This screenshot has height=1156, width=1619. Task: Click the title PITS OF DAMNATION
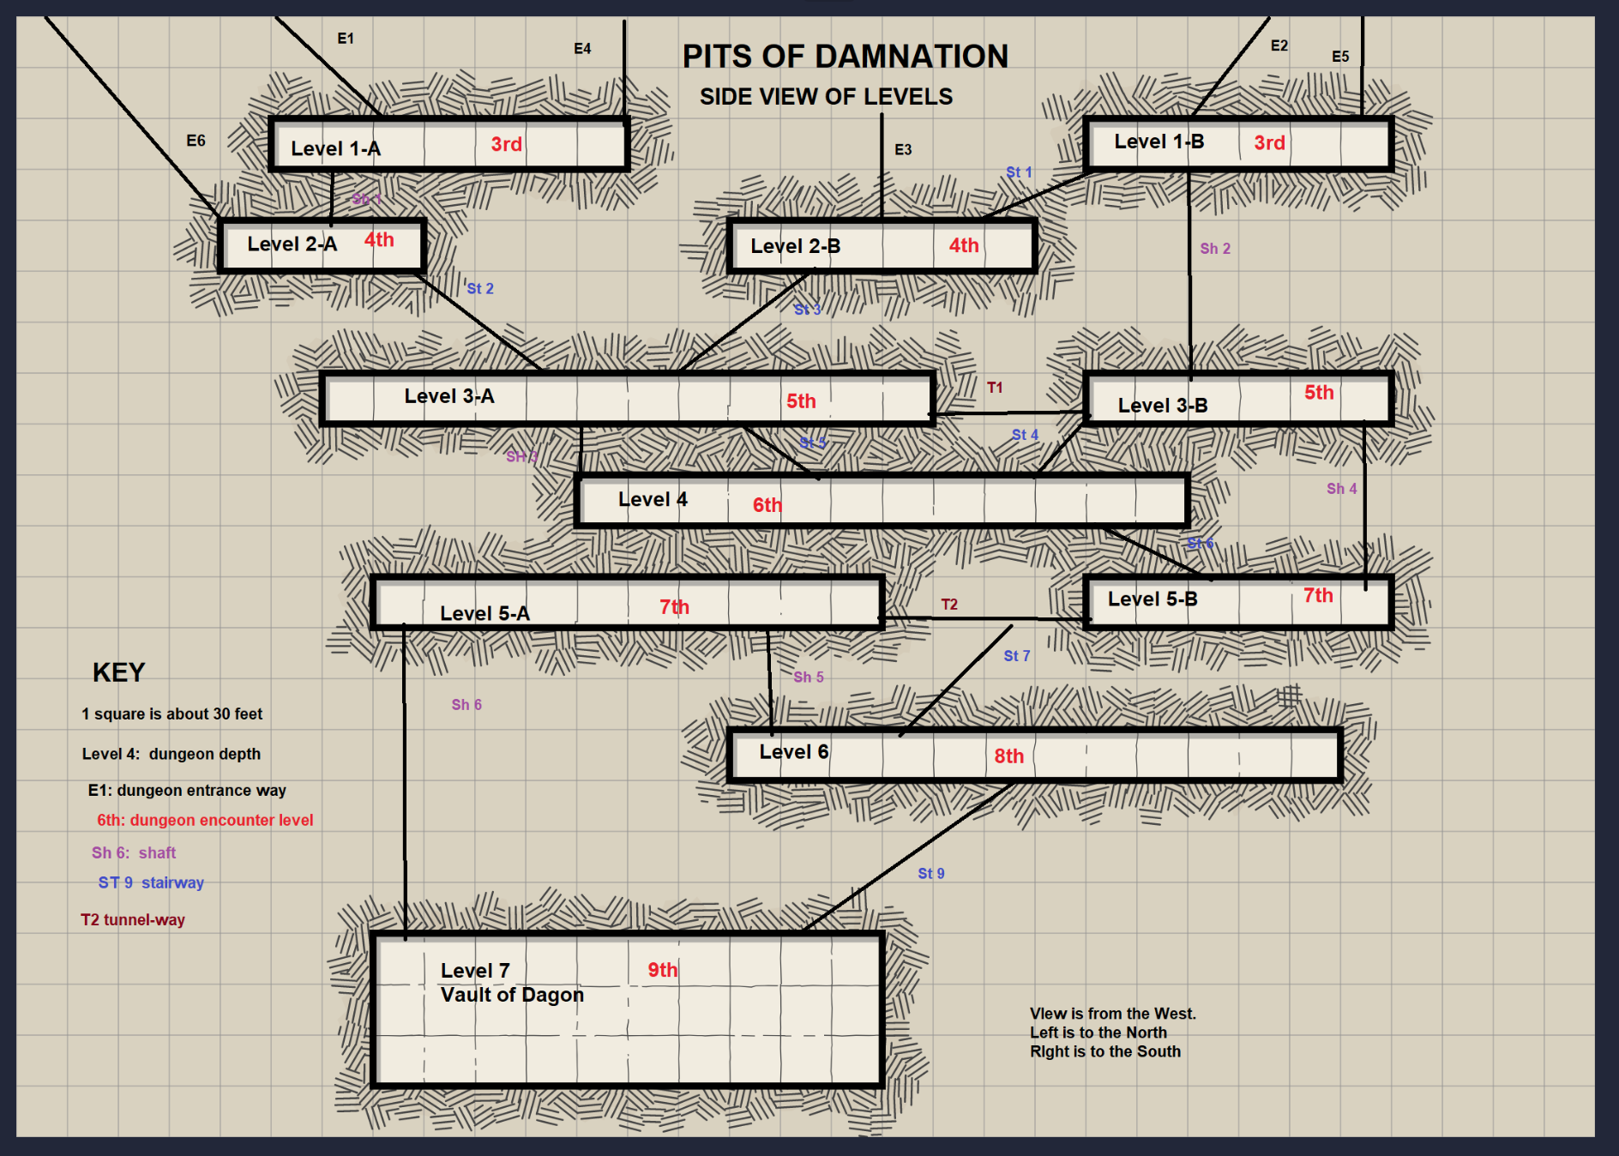(845, 57)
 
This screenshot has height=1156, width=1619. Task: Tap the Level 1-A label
(335, 148)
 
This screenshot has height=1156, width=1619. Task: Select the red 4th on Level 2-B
(963, 245)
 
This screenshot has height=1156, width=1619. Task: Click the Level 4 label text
(653, 499)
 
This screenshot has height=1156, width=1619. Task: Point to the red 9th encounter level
(662, 970)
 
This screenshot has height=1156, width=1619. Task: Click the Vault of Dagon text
(512, 995)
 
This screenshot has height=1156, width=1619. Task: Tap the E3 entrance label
(903, 150)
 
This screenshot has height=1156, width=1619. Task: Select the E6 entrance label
(196, 141)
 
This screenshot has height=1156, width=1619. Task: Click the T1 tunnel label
(995, 388)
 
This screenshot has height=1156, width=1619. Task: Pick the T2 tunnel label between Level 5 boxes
(949, 605)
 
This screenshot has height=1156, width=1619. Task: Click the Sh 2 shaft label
(1215, 249)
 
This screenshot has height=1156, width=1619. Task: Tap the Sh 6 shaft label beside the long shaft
(466, 705)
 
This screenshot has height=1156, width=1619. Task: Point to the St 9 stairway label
(930, 874)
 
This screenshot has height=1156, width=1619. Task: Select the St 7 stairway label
(1016, 656)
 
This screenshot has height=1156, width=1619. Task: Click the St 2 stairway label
(480, 289)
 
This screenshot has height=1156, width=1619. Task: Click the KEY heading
(118, 672)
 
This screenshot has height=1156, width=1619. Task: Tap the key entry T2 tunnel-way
(133, 920)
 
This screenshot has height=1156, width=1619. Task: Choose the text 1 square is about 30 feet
(172, 714)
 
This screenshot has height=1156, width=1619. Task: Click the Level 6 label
(793, 752)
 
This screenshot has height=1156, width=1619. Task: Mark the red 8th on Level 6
(1008, 756)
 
